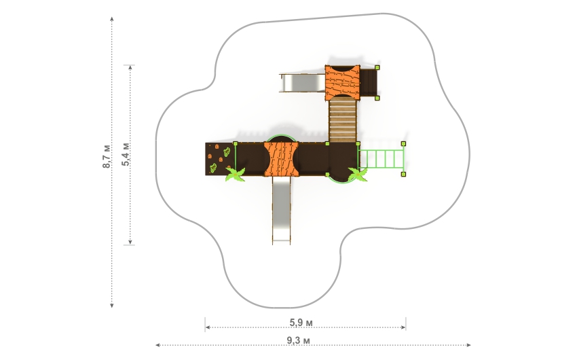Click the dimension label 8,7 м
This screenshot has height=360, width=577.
click(107, 156)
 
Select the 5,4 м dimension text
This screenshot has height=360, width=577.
click(126, 154)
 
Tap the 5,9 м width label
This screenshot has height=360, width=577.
click(301, 323)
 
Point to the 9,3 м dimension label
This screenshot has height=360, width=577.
click(299, 340)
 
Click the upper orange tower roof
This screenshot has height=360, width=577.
click(342, 82)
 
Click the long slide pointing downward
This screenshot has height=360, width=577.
click(282, 210)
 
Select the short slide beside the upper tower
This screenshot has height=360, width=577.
click(303, 83)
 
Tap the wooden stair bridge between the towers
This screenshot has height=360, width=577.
click(343, 120)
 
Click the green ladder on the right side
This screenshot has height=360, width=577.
click(381, 159)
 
